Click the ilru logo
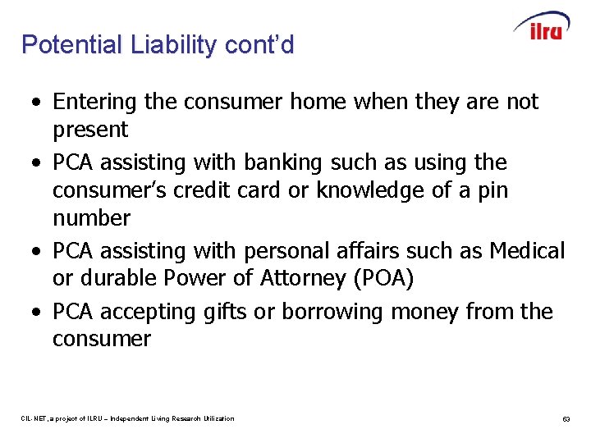point(541,26)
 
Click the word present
point(90,130)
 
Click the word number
point(91,218)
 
